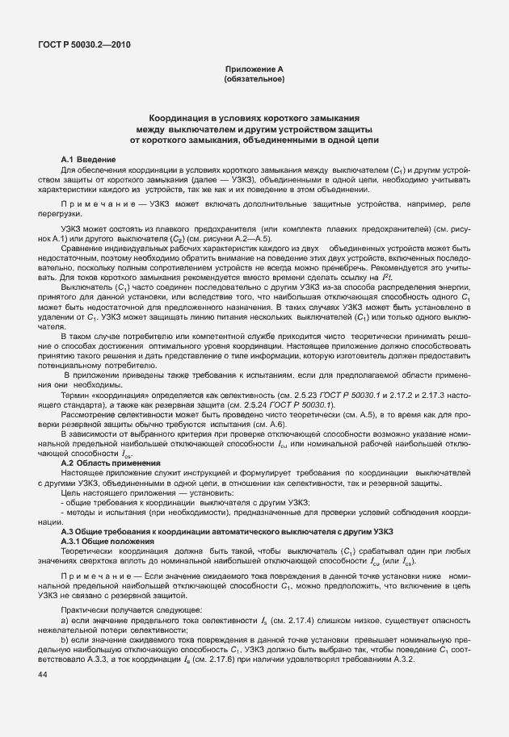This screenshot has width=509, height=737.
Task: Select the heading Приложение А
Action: (254, 71)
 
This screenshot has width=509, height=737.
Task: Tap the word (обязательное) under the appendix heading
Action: (254, 80)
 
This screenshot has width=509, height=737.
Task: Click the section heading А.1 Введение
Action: (89, 160)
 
